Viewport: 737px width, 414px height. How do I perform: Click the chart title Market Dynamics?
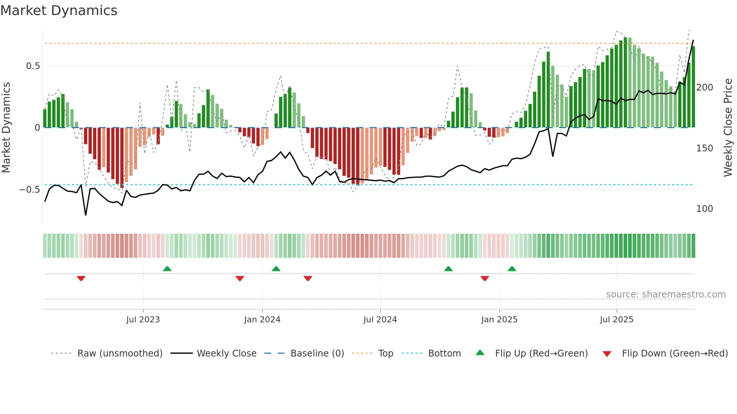pos(59,11)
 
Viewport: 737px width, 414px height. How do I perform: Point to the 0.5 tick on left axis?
pos(33,66)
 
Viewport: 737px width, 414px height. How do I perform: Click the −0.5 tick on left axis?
pos(30,190)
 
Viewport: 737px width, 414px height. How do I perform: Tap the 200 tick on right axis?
pos(704,88)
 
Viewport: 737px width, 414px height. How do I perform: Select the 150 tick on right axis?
pos(704,148)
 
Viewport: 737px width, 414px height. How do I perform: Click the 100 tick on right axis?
pos(704,209)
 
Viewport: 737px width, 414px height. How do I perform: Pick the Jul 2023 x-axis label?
pos(143,320)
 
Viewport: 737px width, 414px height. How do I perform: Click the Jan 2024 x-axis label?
pos(262,320)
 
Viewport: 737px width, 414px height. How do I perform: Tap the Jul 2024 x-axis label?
pos(380,320)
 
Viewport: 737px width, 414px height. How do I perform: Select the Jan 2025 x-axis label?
pos(499,320)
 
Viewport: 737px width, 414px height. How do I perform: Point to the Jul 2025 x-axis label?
pos(616,320)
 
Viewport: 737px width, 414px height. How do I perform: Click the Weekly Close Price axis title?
pos(728,128)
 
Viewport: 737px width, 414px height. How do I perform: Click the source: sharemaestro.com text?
pos(666,295)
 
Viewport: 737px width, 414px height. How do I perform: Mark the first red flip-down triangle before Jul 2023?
pos(81,278)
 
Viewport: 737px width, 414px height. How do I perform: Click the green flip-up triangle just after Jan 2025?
pos(512,269)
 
